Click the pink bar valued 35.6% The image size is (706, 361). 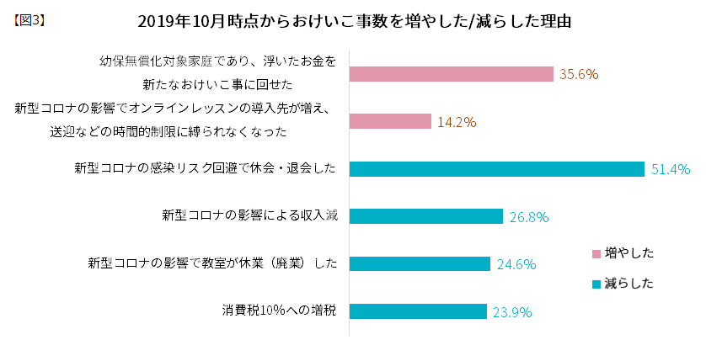pos(452,74)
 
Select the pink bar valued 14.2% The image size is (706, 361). pos(390,121)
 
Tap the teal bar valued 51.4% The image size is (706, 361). pos(497,169)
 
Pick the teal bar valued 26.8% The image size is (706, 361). pos(426,216)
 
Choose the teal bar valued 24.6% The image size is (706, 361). pos(420,263)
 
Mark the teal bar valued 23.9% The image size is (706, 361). pos(418,311)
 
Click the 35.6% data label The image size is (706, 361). pos(579,74)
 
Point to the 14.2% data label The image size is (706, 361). pos(457,122)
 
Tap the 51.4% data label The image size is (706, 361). pos(671,169)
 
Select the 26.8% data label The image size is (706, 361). pos(529,217)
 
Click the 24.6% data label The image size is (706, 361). pos(516,264)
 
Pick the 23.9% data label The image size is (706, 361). pos(511,312)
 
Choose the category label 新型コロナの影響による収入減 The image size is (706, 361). pos(250,216)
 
